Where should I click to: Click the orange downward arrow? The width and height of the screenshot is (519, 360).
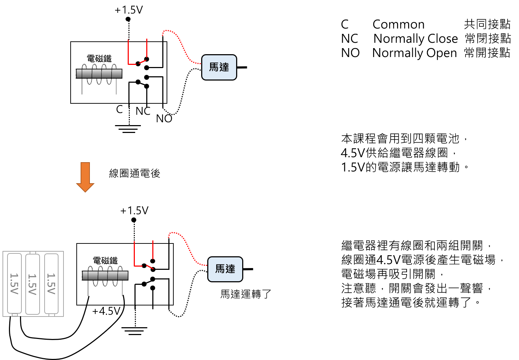coord(85,177)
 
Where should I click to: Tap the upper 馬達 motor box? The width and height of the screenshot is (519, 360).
coord(219,67)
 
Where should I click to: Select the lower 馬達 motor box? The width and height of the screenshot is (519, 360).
coord(225,269)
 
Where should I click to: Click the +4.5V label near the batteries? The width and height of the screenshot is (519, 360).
coord(106,311)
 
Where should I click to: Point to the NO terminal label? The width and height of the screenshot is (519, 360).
coord(164,119)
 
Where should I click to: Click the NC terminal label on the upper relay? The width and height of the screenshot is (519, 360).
coord(143,111)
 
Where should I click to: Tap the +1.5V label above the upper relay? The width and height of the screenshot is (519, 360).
coord(129,10)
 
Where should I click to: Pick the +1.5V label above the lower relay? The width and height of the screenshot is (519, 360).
coord(134,211)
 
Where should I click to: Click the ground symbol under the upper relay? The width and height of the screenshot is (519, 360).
coord(128,129)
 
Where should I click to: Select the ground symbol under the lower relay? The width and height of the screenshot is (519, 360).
coord(134,331)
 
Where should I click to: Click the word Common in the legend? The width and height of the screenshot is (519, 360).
coord(398,24)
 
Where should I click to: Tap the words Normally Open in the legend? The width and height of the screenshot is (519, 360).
coord(414,53)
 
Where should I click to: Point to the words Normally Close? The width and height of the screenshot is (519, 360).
coord(416,38)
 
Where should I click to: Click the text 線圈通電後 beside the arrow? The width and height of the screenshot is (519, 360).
coord(134,173)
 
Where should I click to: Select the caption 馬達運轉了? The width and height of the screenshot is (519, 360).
coord(246,294)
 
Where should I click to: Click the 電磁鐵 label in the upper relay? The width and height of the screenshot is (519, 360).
coord(99,58)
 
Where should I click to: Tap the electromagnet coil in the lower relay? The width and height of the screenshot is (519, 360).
coord(105,276)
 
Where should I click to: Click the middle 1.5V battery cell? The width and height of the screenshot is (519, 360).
coord(32,284)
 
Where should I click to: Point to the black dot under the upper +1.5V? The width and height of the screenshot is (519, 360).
coord(128,19)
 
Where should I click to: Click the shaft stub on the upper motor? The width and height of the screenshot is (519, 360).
coord(242,67)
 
